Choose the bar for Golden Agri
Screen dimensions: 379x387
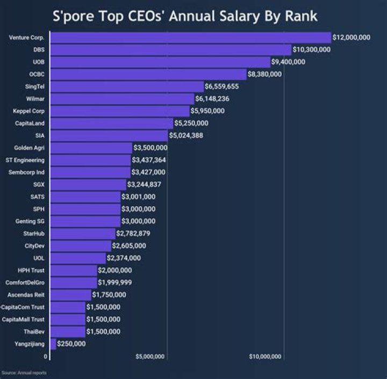coord(91,148)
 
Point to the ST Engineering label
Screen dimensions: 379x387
coord(25,160)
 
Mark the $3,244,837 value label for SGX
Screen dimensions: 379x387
coord(144,184)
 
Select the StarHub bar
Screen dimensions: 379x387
coord(83,234)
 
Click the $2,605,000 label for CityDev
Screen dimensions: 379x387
coord(129,245)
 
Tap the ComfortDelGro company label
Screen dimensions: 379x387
coord(25,282)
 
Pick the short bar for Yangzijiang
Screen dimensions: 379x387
coord(53,344)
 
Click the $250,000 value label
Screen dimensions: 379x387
coord(72,344)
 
